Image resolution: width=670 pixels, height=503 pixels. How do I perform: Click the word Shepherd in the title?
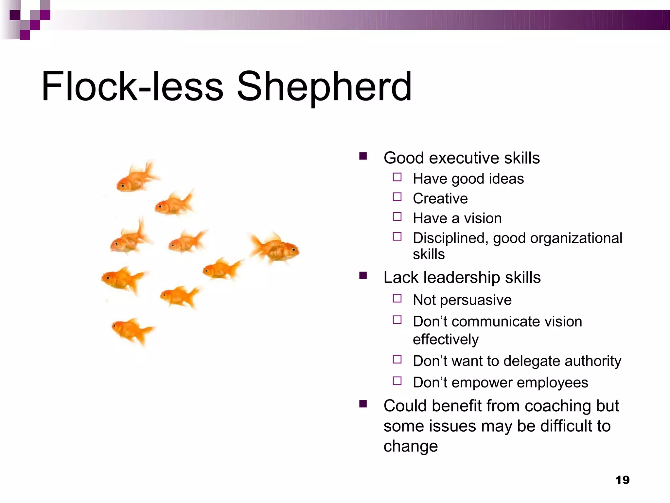point(324,87)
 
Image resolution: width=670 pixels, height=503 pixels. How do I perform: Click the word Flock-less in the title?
point(132,87)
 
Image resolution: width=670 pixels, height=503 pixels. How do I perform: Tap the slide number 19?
point(622,480)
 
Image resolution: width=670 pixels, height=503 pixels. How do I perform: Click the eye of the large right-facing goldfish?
point(293,250)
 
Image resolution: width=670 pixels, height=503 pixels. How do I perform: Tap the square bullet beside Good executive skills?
point(363,156)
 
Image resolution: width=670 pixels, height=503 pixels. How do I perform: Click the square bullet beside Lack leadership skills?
point(363,275)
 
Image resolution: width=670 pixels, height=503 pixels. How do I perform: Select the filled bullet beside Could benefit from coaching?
point(363,404)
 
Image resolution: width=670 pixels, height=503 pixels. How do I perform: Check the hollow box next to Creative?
point(397,197)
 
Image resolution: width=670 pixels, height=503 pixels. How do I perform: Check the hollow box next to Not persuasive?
point(397,298)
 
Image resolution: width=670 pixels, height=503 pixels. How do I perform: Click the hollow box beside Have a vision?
point(397,216)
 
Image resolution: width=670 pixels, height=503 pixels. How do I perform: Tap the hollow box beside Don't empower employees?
point(397,381)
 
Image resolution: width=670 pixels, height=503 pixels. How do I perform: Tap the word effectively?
point(446,340)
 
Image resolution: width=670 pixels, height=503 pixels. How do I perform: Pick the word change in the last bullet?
point(411,446)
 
